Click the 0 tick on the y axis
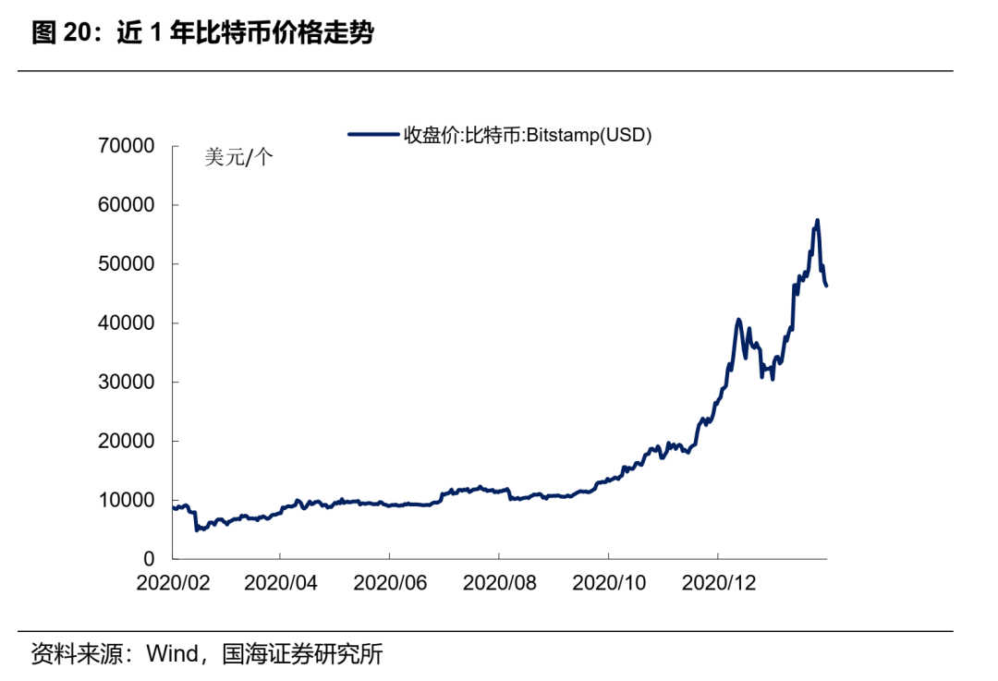coord(149,559)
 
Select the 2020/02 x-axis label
coord(173,584)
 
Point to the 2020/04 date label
coord(281,584)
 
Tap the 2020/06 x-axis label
coord(390,584)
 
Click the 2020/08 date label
coord(499,584)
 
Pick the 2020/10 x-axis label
coord(609,584)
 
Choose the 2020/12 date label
coord(718,584)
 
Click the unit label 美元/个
coord(238,158)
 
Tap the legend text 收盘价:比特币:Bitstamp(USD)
coord(528,135)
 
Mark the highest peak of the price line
coord(817,220)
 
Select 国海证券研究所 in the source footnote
coord(302,655)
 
